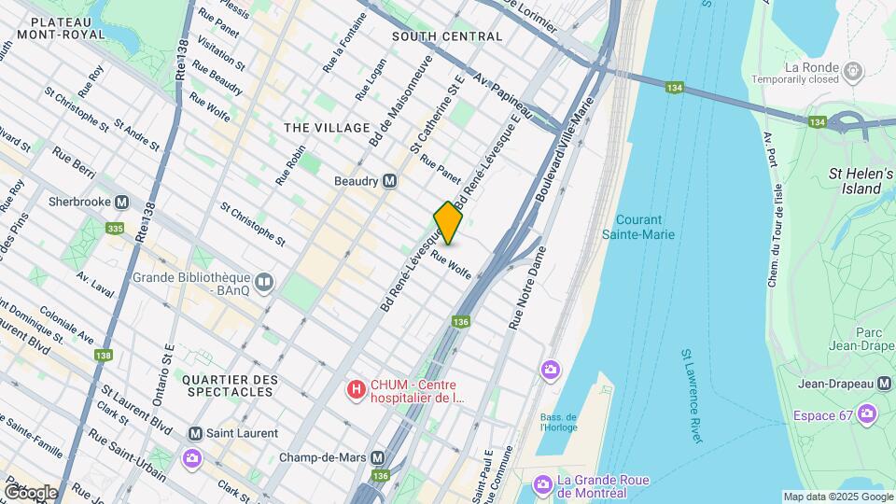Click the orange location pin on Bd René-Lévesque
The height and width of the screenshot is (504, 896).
[x=448, y=222]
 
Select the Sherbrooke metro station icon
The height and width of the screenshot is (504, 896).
[x=121, y=203]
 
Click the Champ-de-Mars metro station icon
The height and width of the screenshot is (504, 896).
[x=378, y=458]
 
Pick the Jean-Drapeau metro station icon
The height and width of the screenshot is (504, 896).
[x=884, y=384]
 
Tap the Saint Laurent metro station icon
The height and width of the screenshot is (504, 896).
[x=195, y=433]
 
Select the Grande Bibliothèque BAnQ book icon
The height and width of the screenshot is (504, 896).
[x=265, y=281]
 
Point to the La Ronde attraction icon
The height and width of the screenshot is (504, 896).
[x=851, y=70]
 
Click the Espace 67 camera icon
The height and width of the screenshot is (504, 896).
[x=868, y=413]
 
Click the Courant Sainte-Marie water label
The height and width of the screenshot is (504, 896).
[x=646, y=228]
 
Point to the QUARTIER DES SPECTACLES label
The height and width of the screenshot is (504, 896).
[x=230, y=385]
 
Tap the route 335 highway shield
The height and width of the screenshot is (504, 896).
[x=116, y=228]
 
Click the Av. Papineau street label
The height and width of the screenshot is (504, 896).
[x=503, y=97]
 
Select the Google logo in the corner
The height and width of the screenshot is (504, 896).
[x=31, y=492]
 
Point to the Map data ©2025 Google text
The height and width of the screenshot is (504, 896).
[x=837, y=497]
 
